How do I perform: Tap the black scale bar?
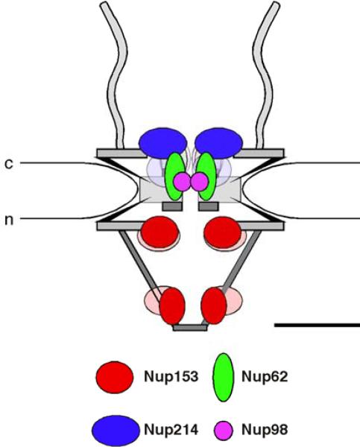317,325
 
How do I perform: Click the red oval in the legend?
116,377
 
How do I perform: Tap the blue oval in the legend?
116,428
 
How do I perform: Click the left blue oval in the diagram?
163,140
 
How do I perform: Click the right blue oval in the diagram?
219,140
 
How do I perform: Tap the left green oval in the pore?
174,176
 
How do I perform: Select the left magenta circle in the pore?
182,181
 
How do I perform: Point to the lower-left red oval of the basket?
172,305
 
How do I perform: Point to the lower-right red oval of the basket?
214,305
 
